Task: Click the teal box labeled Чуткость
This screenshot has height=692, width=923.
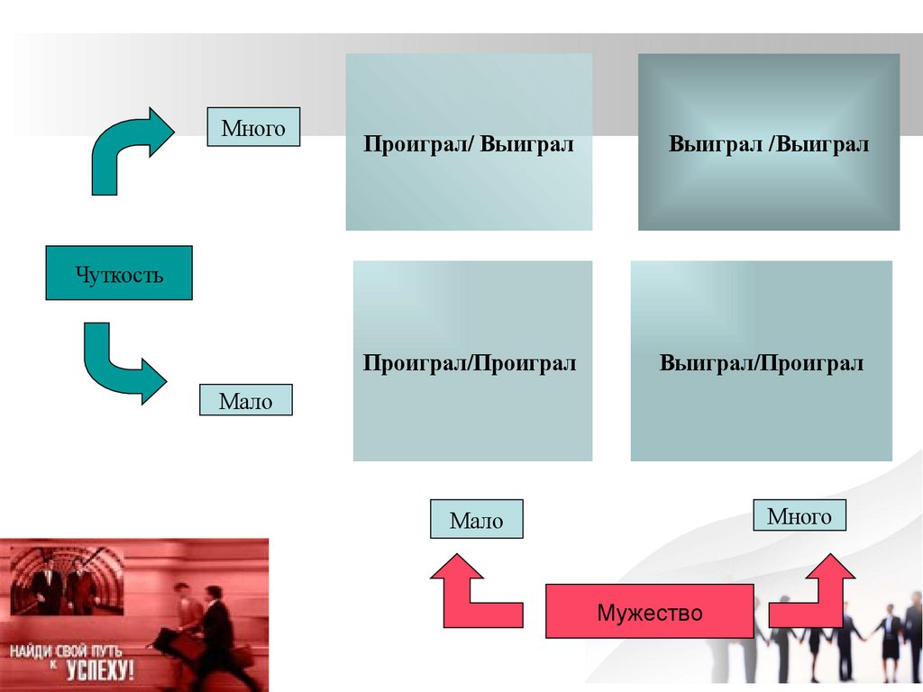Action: [x=118, y=273]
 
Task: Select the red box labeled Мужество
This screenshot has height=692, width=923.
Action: [x=649, y=613]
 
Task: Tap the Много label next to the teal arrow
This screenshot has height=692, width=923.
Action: [x=253, y=128]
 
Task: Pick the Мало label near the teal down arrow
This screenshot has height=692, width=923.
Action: [x=245, y=400]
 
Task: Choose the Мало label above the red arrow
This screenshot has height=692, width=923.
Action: [x=476, y=520]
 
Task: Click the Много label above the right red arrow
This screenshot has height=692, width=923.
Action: [x=799, y=515]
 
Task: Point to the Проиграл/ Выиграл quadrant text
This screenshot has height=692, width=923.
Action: [x=469, y=144]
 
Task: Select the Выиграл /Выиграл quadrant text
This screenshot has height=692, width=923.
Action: [x=768, y=144]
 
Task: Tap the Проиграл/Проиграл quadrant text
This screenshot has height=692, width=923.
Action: [x=470, y=363]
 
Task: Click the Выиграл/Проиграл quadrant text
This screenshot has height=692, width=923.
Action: [x=761, y=363]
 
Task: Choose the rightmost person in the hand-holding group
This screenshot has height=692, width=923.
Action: [x=912, y=631]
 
